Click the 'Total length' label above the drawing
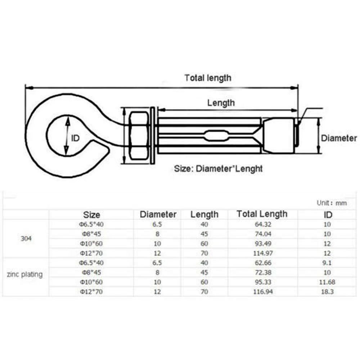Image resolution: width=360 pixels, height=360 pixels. click(x=208, y=78)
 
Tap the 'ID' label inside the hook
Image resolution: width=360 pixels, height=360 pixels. click(x=75, y=138)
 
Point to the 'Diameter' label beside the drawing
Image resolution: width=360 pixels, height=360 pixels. click(x=339, y=138)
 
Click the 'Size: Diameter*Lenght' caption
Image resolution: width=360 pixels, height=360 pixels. click(x=218, y=169)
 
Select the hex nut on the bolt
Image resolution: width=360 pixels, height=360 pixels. click(x=139, y=136)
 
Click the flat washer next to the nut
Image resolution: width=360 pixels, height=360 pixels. click(x=153, y=135)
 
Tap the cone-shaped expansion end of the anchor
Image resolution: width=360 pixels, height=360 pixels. click(x=279, y=135)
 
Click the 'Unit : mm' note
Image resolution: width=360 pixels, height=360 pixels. click(x=332, y=203)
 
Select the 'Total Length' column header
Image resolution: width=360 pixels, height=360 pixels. click(x=262, y=214)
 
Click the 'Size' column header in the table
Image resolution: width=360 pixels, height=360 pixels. click(x=91, y=215)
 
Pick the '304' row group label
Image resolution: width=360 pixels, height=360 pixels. click(x=26, y=239)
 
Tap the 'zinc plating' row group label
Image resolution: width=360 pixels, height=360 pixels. click(x=25, y=274)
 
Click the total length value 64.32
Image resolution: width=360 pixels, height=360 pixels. click(x=263, y=224)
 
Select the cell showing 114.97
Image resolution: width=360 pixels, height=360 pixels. click(x=263, y=253)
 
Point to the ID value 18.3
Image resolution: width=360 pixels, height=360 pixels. click(x=327, y=292)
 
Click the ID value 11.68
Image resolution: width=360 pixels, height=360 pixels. click(x=327, y=282)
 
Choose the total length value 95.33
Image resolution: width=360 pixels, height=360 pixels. click(x=263, y=282)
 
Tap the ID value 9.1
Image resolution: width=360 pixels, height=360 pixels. click(x=327, y=263)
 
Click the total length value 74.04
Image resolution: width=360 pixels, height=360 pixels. click(x=263, y=234)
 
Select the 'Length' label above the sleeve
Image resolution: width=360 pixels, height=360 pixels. click(x=221, y=103)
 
